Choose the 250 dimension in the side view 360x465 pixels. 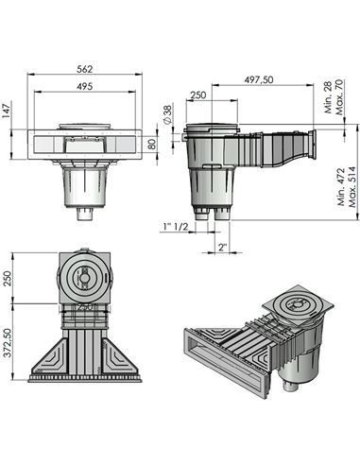click(x=198, y=95)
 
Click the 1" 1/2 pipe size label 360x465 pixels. click(x=176, y=227)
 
